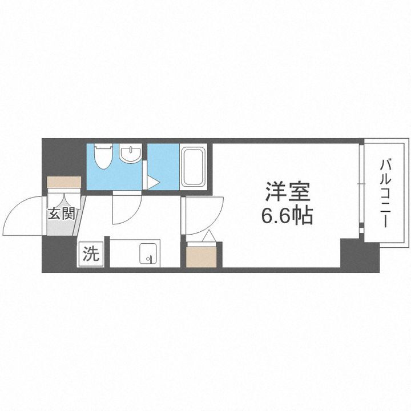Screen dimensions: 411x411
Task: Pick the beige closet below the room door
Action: pos(202,256)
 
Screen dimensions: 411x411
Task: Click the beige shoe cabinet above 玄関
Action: pos(65,183)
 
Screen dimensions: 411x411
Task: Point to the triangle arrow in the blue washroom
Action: pos(152,183)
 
